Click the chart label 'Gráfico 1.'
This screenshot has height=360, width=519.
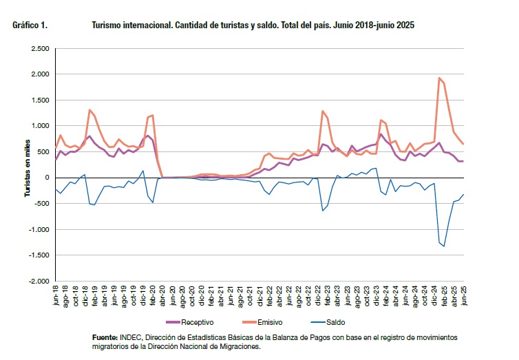coord(30,25)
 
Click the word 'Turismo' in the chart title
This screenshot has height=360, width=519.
coord(107,25)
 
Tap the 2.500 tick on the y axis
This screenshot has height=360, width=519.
coord(40,49)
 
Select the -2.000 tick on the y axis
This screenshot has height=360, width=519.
coord(39,282)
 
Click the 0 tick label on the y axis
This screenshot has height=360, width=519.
coord(47,178)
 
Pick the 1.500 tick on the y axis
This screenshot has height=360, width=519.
coord(40,100)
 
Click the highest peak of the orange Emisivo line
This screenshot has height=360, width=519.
coord(439,78)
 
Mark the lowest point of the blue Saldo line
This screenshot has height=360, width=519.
coord(444,246)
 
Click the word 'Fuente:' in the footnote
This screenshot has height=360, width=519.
coord(105,338)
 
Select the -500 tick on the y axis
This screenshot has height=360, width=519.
coord(42,204)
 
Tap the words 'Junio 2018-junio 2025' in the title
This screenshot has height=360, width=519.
coord(375,25)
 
